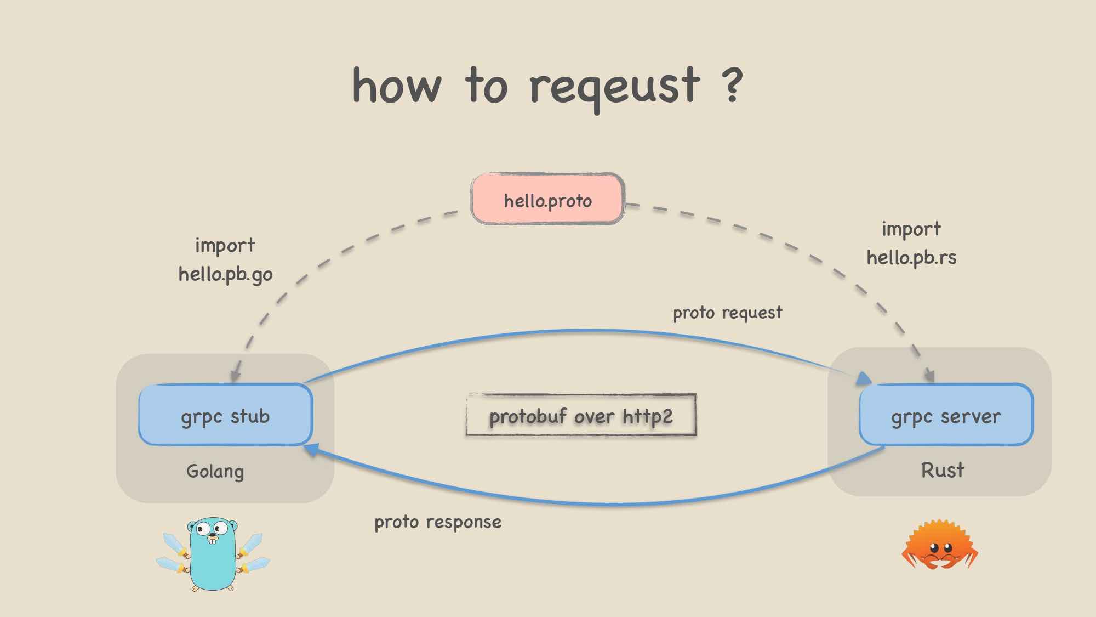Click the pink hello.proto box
[x=548, y=199]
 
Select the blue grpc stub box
[x=225, y=415]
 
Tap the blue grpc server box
[x=946, y=415]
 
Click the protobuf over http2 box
[x=581, y=415]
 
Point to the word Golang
[x=215, y=472]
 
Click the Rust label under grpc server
[x=943, y=470]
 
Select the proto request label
[x=728, y=313]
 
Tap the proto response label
[x=438, y=522]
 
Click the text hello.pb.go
[x=225, y=274]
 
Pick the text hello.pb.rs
[x=911, y=257]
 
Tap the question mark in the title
[x=732, y=85]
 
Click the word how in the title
[x=397, y=85]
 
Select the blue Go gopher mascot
[x=213, y=554]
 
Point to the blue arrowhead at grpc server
[x=864, y=378]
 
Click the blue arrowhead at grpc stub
[x=311, y=450]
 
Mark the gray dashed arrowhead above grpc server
[x=929, y=375]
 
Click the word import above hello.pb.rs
[x=911, y=229]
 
